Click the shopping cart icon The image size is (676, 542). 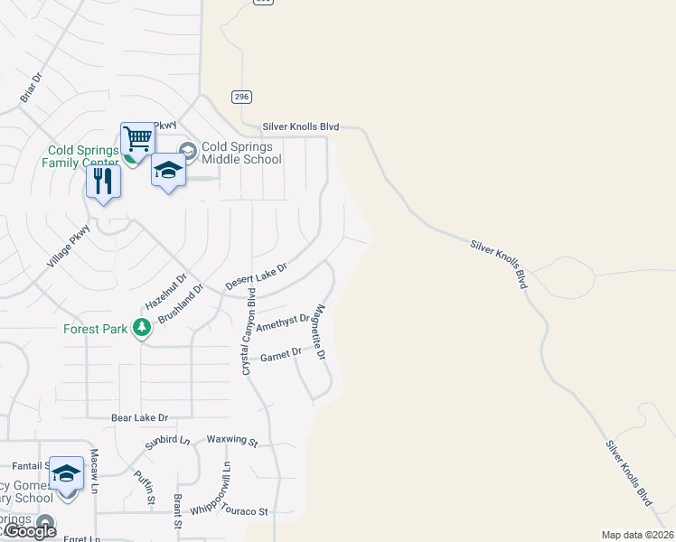[137, 140]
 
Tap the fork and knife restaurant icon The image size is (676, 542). [103, 182]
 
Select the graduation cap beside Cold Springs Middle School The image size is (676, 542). [168, 170]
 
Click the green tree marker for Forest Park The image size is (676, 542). [141, 327]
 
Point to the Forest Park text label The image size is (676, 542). [95, 329]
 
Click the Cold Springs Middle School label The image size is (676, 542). [241, 153]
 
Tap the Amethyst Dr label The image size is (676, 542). [283, 322]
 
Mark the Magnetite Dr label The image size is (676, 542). [319, 331]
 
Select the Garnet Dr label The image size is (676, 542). [280, 357]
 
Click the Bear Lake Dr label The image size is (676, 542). [139, 417]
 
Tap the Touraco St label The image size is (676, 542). [250, 511]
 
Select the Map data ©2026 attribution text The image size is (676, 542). [638, 535]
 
